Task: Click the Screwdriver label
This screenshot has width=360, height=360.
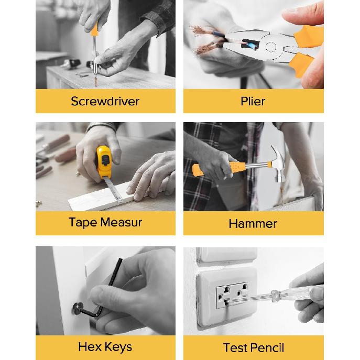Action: pyautogui.click(x=105, y=101)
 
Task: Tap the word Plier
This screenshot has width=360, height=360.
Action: pyautogui.click(x=253, y=101)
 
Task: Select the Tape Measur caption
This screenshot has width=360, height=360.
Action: pyautogui.click(x=105, y=222)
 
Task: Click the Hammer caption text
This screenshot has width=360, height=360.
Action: pyautogui.click(x=253, y=224)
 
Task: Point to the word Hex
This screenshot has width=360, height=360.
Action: pyautogui.click(x=90, y=347)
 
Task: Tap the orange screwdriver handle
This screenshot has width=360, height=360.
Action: pyautogui.click(x=94, y=28)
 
